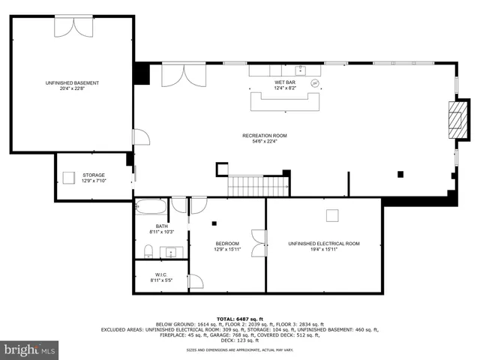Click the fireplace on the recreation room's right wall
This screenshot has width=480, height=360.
[455, 116]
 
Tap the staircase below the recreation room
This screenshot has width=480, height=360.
[258, 186]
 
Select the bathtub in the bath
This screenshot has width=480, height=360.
[151, 206]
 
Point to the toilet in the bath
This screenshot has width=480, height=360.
[150, 250]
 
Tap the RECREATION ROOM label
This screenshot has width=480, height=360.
[264, 136]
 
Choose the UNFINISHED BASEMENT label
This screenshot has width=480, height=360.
[72, 82]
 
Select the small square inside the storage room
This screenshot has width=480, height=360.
[68, 178]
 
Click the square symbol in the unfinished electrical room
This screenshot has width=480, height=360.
[331, 215]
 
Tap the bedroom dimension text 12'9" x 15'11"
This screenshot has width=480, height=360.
[227, 250]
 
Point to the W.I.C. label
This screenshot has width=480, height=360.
[161, 274]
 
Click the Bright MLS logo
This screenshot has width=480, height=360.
[30, 349]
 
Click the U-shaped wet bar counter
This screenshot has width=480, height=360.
[286, 100]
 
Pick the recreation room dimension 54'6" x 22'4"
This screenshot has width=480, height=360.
[264, 142]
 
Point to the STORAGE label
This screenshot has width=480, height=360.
[93, 175]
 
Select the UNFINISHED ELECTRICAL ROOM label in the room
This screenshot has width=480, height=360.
[324, 244]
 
